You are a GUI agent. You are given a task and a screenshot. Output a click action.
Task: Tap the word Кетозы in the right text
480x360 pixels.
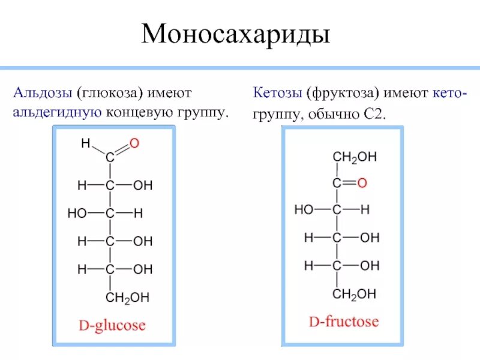click(x=277, y=93)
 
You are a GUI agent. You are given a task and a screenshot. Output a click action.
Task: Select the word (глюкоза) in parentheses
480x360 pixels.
click(x=108, y=93)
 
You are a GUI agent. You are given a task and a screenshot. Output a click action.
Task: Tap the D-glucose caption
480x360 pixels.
click(x=113, y=326)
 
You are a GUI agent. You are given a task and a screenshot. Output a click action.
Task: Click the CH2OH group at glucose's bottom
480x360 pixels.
click(x=127, y=297)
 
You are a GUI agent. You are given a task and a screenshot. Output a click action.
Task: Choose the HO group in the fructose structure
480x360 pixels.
click(x=304, y=210)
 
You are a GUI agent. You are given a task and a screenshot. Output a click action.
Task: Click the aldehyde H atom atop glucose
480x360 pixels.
click(x=85, y=143)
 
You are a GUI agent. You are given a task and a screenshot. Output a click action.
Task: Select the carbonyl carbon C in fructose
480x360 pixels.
click(x=337, y=183)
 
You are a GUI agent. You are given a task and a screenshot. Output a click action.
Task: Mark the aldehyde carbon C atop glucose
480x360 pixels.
click(x=110, y=158)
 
